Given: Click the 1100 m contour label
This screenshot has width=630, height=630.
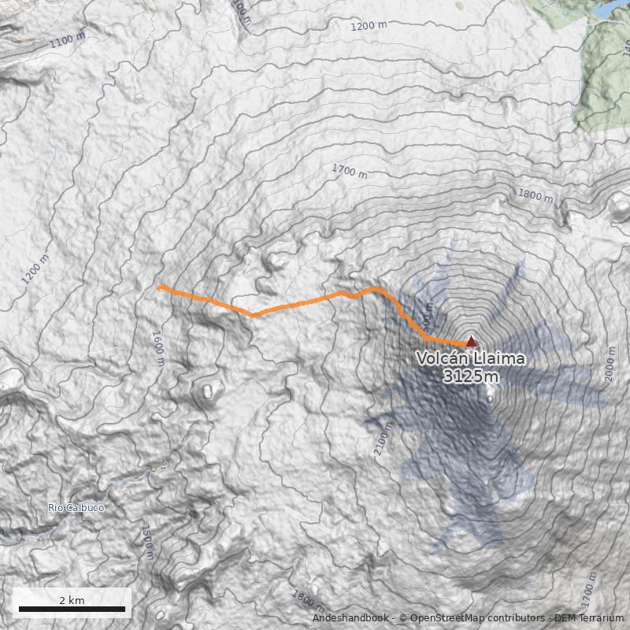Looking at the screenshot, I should pos(67,39).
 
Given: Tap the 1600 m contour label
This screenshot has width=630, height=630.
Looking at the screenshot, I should pos(157,348).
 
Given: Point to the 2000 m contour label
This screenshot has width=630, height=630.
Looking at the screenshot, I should pos(610,363).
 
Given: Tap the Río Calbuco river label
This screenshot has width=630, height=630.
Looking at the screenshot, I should pos(76,508).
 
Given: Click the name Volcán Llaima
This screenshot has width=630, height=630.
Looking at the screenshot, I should pos(470,359).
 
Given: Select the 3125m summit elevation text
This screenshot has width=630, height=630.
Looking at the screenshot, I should pos(470,376).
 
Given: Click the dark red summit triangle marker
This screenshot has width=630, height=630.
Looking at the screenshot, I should pos(471,342).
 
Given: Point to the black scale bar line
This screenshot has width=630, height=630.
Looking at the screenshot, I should pos(72,610).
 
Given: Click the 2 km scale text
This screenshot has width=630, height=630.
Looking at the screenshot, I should pos(72,600).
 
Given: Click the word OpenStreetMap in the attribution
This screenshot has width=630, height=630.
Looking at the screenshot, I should pos(445,618).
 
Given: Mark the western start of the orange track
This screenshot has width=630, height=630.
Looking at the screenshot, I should pos(159,288).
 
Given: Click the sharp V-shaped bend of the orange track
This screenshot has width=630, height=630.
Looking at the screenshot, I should pos(253,314).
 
